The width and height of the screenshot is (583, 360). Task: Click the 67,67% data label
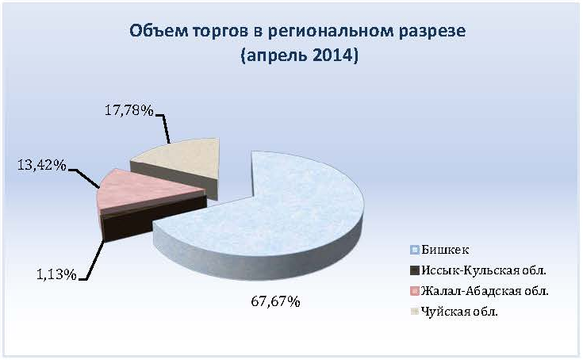click(275, 301)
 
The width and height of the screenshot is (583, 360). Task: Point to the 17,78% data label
click(128, 110)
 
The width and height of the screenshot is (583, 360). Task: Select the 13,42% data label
click(41, 165)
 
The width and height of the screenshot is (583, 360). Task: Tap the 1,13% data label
click(56, 274)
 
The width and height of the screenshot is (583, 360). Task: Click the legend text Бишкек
click(445, 250)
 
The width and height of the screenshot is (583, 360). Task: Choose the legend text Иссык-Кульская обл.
click(484, 270)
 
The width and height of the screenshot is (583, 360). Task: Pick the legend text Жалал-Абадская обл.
click(485, 290)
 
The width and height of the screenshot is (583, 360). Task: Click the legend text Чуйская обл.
click(459, 311)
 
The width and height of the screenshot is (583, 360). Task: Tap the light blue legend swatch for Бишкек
click(415, 250)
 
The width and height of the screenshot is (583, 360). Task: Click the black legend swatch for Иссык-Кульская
click(415, 270)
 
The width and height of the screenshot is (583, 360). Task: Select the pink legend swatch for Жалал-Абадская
click(415, 291)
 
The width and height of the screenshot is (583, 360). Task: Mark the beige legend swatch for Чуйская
click(415, 312)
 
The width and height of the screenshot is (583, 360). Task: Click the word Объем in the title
click(159, 31)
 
